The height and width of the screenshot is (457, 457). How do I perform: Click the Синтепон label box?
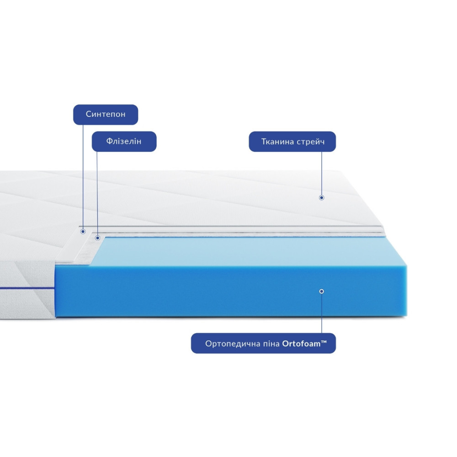[106, 114]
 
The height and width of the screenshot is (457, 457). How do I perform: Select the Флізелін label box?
[124, 141]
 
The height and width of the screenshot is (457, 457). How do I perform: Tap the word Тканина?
[277, 142]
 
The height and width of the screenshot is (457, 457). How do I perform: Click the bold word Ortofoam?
[300, 343]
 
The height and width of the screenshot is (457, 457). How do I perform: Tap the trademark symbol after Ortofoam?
[324, 341]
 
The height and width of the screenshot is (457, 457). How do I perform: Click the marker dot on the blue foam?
[321, 291]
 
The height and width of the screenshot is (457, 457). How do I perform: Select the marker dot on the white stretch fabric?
[321, 197]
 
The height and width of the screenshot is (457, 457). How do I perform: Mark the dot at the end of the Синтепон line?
[83, 232]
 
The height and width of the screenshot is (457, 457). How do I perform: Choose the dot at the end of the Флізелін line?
[97, 238]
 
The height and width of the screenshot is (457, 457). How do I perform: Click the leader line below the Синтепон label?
[83, 178]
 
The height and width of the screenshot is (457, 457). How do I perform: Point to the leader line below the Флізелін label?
[97, 192]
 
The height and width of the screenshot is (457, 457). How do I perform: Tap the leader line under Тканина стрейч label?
[321, 174]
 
